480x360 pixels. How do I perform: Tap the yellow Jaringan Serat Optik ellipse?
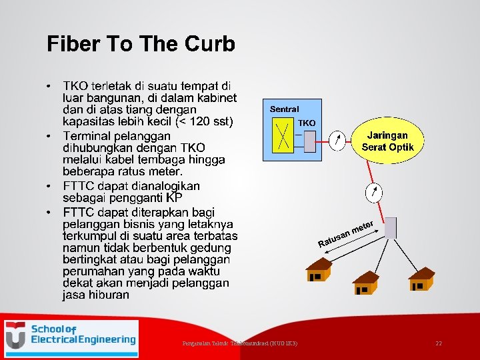(387, 141)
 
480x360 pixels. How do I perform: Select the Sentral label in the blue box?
(284, 109)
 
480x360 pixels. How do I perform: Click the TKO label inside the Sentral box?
(307, 123)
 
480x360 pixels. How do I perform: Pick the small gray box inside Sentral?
(309, 141)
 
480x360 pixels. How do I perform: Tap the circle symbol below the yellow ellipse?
(374, 193)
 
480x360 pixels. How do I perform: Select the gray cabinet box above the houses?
(390, 227)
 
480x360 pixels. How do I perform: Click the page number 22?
(438, 343)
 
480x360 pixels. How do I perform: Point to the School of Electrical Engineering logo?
(71, 336)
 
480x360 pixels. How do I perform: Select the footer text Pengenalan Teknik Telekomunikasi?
(240, 343)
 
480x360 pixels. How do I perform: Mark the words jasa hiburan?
(96, 295)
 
